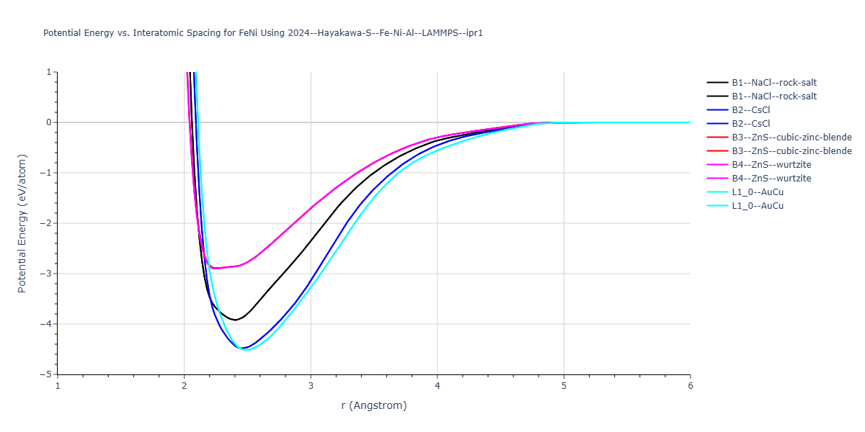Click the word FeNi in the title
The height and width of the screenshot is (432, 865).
click(249, 33)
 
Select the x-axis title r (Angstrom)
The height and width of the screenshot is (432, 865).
click(373, 405)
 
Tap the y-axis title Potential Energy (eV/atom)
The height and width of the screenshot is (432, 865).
click(22, 223)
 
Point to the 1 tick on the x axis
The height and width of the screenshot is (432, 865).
click(58, 385)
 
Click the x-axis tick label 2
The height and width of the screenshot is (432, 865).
click(184, 385)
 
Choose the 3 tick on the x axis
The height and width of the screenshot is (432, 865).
click(311, 385)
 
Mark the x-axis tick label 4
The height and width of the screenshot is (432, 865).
click(437, 385)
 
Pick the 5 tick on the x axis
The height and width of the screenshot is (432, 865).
click(564, 385)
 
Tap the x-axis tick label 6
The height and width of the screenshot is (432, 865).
click(690, 385)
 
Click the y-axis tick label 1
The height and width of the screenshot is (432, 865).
click(48, 72)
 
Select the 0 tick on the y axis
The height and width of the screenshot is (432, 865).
click(48, 122)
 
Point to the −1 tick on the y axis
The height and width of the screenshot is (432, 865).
click(46, 173)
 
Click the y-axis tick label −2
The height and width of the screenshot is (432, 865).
click(46, 223)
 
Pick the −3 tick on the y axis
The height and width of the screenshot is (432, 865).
click(46, 274)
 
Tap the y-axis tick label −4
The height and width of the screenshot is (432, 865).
click(46, 324)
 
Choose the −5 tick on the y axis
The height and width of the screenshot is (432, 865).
click(46, 374)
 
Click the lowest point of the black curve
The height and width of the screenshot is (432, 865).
click(235, 320)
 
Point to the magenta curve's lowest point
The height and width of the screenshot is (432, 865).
click(216, 269)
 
